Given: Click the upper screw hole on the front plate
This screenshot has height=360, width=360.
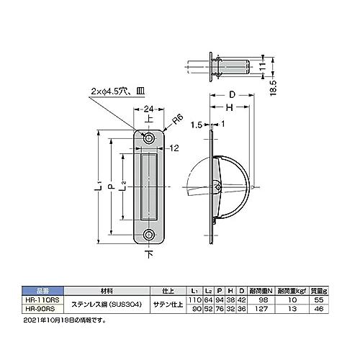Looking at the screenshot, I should pyautogui.click(x=149, y=137).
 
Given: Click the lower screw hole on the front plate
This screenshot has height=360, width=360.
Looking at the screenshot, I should pyautogui.click(x=149, y=235).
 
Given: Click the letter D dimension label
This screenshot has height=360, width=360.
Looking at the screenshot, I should pyautogui.click(x=233, y=94).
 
